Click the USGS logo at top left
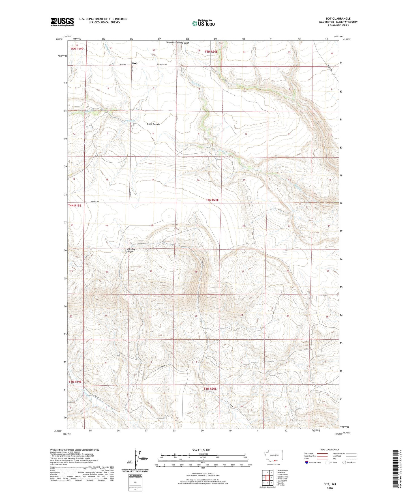pyautogui.click(x=62, y=22)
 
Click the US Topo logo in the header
pyautogui.click(x=203, y=23)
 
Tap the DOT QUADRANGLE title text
pyautogui.click(x=338, y=19)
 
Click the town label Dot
pyautogui.click(x=135, y=63)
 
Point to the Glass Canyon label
pyautogui.click(x=153, y=124)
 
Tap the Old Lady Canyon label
pyautogui.click(x=130, y=250)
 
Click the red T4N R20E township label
pyautogui.click(x=212, y=200)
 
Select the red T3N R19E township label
pyautogui.click(x=75, y=382)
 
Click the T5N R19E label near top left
pyautogui.click(x=77, y=49)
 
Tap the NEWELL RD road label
pyautogui.click(x=95, y=202)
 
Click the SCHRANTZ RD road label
pyautogui.click(x=162, y=65)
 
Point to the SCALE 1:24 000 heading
pyautogui.click(x=201, y=450)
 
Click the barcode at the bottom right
pyautogui.click(x=396, y=470)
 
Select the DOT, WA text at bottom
pyautogui.click(x=330, y=484)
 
